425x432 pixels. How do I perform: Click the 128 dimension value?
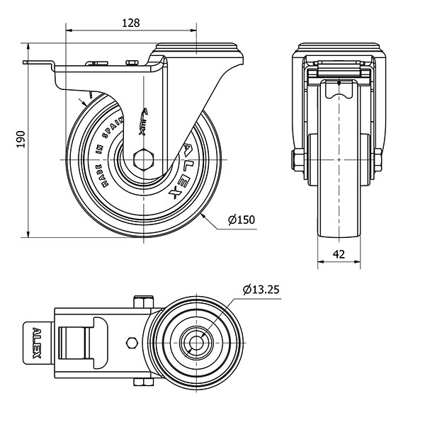(130, 22)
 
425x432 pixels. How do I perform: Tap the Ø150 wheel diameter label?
(242, 220)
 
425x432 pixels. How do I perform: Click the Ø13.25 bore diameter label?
(261, 289)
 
